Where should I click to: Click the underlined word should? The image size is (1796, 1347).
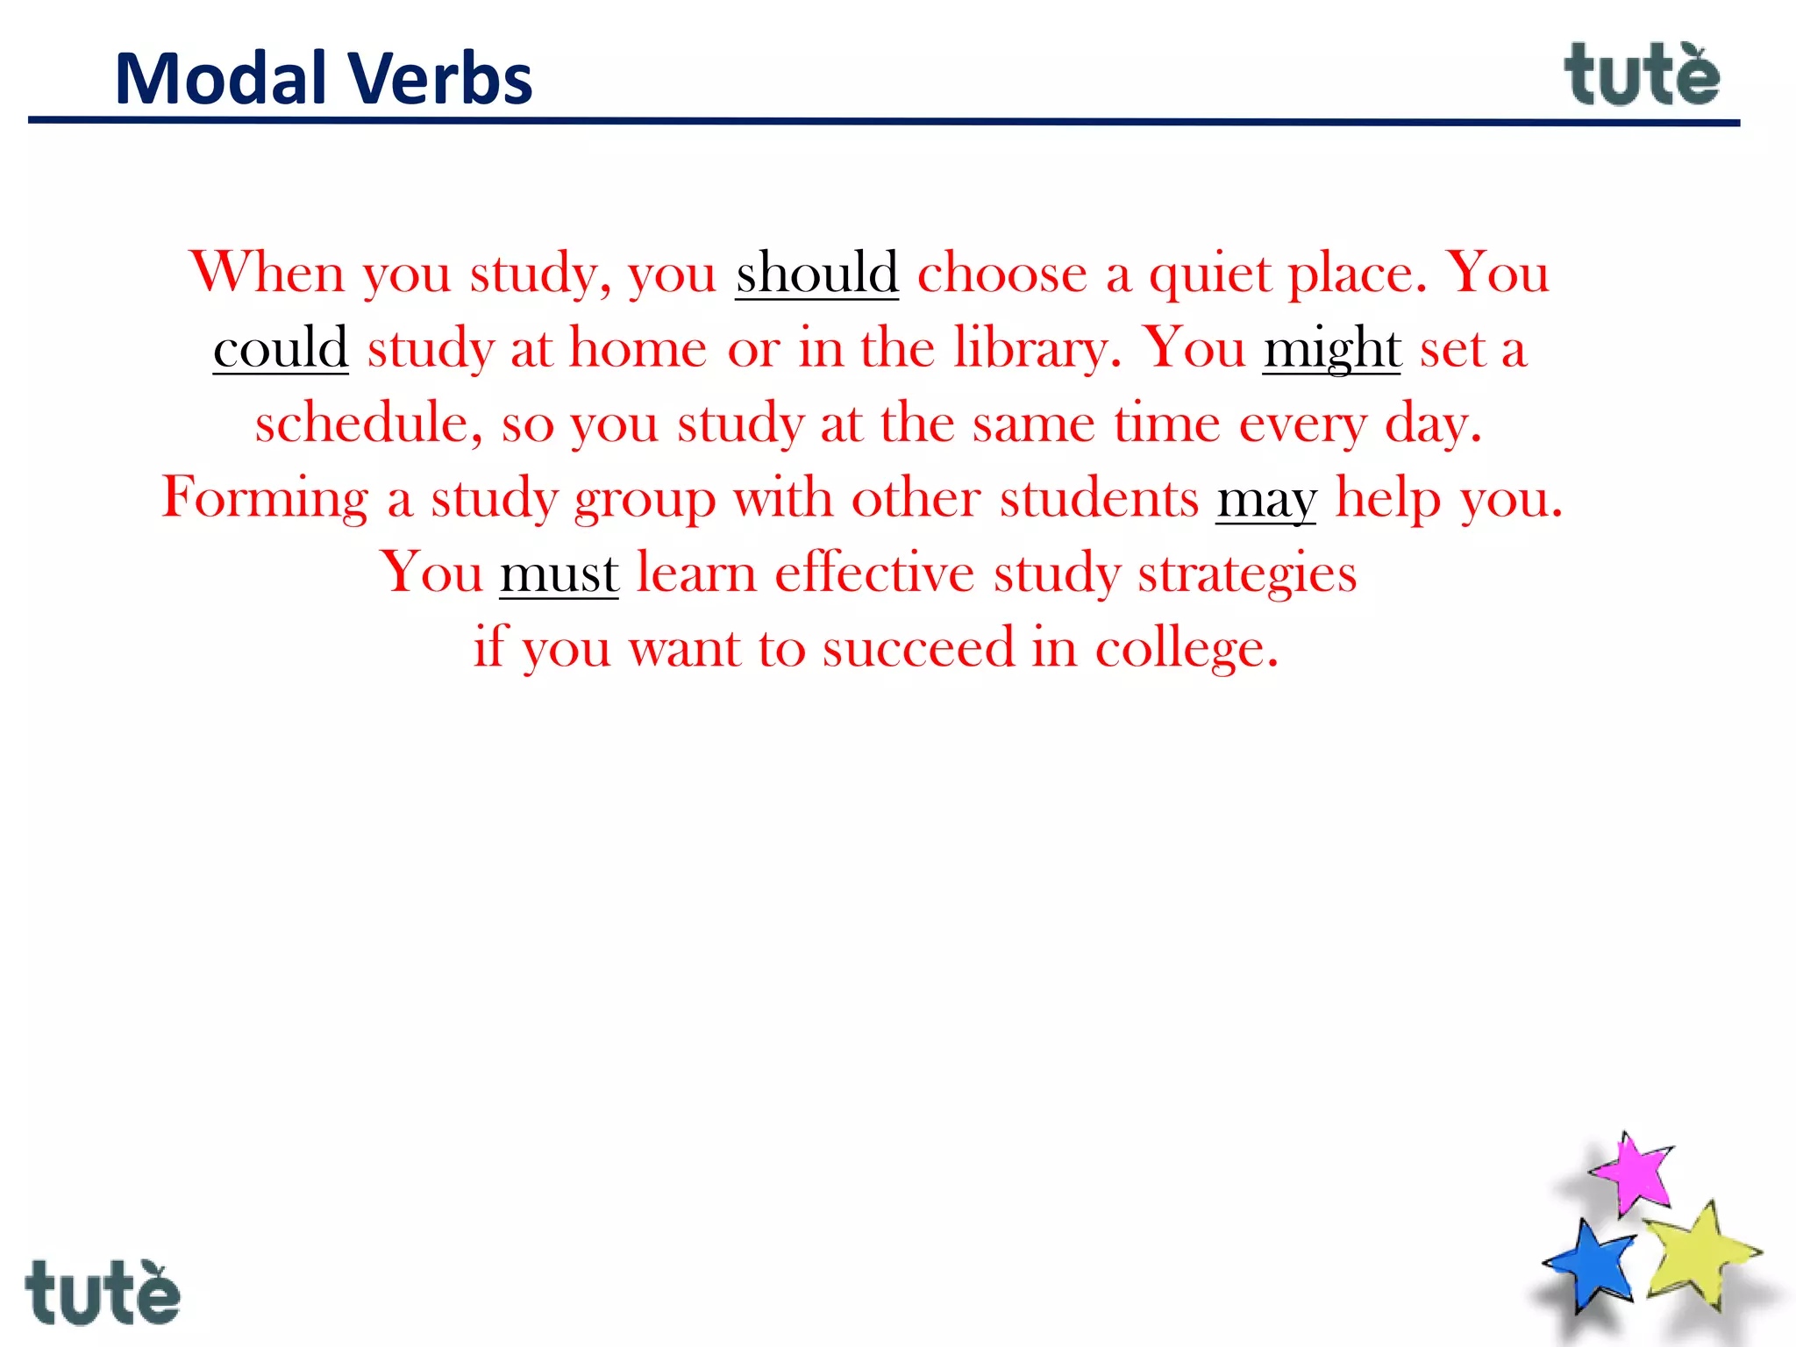pos(816,273)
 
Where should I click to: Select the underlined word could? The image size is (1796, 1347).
pos(281,348)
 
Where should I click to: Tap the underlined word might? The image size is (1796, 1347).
pos(1331,349)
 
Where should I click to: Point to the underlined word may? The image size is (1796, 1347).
pos(1265,500)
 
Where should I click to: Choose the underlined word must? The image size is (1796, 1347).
pos(559,574)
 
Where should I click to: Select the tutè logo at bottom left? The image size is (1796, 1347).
pos(103,1293)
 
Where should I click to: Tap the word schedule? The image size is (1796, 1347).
pos(368,424)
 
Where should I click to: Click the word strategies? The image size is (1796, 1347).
pos(1247,574)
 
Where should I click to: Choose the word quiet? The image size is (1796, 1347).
pos(1209,274)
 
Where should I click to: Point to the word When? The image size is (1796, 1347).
pos(267,273)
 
